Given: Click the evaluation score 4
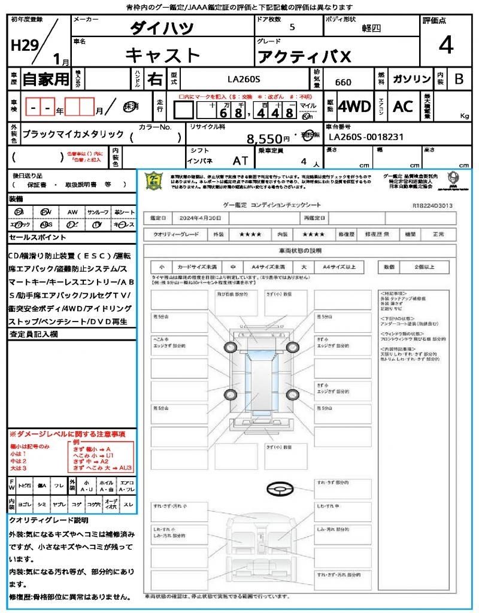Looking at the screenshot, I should click(445, 46).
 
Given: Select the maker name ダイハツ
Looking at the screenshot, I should click(162, 29).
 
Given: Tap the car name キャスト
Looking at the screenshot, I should click(163, 55).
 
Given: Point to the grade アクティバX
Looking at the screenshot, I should click(304, 57).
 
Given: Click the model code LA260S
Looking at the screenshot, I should click(244, 78).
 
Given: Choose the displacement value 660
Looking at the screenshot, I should click(343, 82).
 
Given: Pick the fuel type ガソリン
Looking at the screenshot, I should click(411, 79).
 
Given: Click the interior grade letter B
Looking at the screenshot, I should click(459, 79).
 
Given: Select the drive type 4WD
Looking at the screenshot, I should click(354, 107).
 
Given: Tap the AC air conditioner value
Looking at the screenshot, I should click(403, 107).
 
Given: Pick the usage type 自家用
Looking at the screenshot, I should click(46, 79).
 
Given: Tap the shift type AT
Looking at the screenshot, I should click(240, 161).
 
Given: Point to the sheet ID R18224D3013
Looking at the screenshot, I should click(432, 205).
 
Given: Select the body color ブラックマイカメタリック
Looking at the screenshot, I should click(72, 134).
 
